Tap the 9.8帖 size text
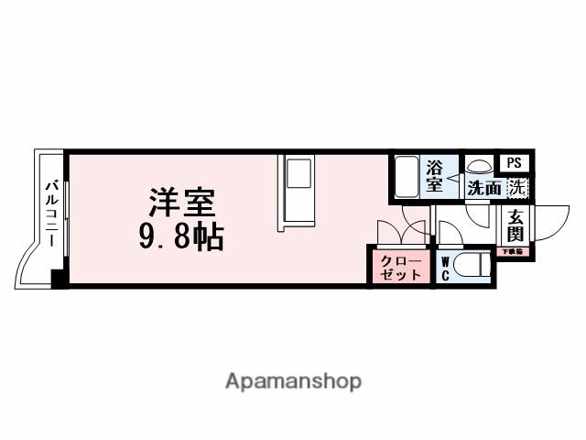point(181,238)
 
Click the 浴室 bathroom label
point(434,176)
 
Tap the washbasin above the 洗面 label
point(479,169)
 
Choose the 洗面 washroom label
point(483,190)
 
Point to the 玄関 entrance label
point(515,226)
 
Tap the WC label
point(446,268)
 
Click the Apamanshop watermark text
point(293,380)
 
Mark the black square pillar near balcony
point(59,279)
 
